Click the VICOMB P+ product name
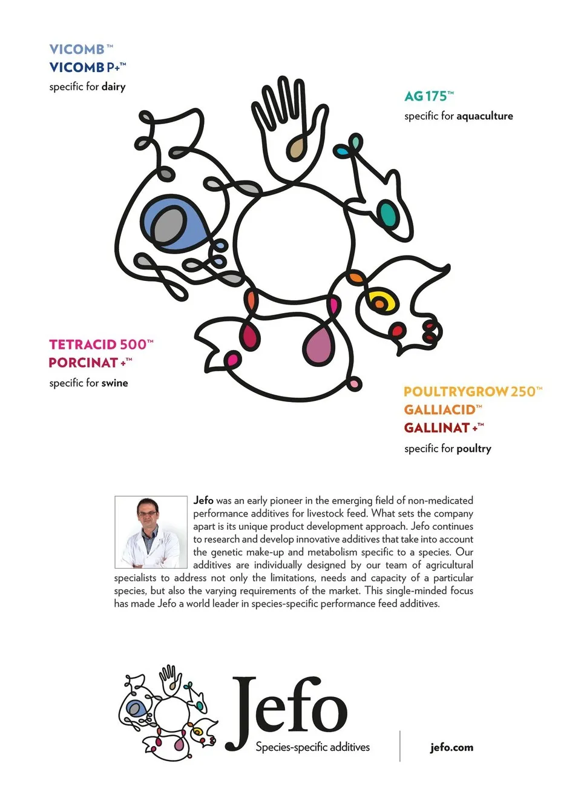(87, 67)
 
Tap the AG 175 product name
(428, 96)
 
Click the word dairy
(113, 87)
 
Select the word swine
(114, 383)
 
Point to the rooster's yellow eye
(380, 300)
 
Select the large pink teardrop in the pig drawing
(318, 343)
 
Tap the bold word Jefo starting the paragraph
(203, 501)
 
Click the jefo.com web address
(451, 747)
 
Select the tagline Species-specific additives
(312, 747)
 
